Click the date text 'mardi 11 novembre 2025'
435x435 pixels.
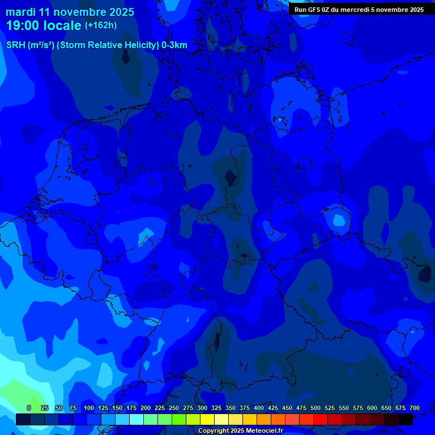70,12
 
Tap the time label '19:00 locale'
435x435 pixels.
44,25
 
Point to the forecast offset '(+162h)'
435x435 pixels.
101,25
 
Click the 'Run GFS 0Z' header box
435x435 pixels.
359,9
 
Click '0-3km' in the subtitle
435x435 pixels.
174,45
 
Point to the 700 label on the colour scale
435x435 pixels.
415,408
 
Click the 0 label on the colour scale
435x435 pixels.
29,408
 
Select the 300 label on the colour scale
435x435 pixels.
202,408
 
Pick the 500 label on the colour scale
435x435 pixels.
315,408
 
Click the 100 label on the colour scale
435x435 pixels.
89,408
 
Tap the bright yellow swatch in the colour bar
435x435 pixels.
207,420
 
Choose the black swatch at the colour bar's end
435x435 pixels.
406,420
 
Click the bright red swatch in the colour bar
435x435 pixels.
321,420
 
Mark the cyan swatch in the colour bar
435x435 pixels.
137,420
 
